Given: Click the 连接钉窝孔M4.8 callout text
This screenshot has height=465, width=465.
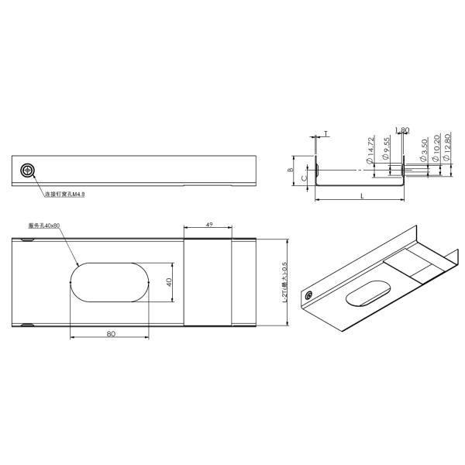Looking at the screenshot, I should tap(64, 195).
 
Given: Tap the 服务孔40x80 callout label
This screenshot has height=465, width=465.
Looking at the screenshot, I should tap(43, 226).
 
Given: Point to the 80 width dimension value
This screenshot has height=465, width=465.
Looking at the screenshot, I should tap(111, 334).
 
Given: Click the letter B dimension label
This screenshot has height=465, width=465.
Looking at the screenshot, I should tap(290, 170).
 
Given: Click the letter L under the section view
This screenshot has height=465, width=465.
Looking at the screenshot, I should tap(361, 198).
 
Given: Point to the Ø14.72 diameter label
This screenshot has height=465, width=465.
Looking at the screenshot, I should tap(372, 148).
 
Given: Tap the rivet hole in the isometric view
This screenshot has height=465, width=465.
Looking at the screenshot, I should tap(310, 296).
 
